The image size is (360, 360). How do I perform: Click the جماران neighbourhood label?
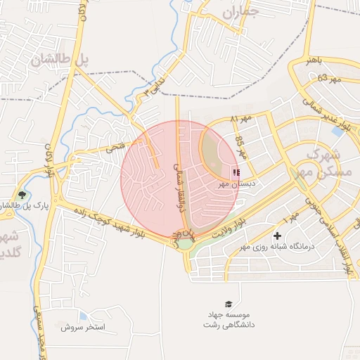point(240,12)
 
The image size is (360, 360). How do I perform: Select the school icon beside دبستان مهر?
point(236,172)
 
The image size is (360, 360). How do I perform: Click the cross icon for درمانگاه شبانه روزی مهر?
point(277,236)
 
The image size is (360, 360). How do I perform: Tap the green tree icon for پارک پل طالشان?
point(23,195)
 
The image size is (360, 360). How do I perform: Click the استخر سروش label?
point(82,327)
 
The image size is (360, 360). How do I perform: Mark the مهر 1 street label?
point(292,222)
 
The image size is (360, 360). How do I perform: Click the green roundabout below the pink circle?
point(185,243)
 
